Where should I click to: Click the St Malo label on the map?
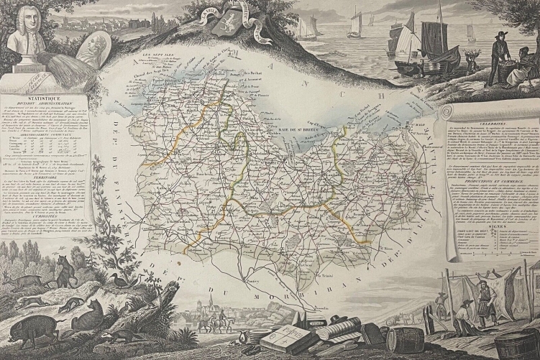click(420, 124)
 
